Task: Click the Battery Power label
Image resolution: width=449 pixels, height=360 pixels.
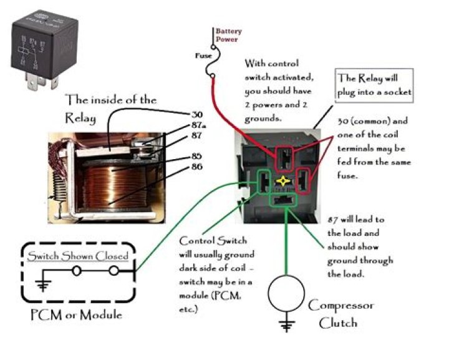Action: pos(228,35)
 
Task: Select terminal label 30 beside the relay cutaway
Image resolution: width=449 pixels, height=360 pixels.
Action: pos(196,114)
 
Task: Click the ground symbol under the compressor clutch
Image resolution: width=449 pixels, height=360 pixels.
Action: pos(286,326)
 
